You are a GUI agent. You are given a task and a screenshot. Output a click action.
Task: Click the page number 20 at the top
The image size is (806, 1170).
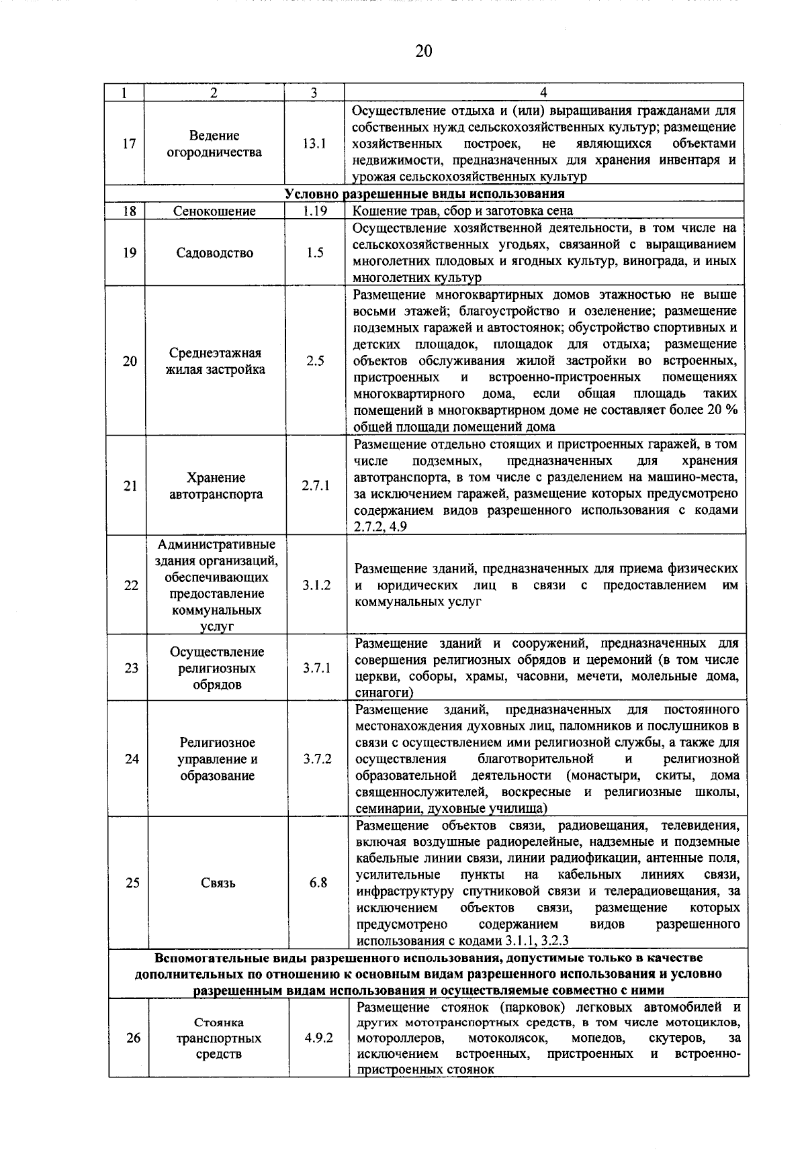[423, 52]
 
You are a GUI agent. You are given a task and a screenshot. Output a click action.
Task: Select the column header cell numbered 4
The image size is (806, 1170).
[543, 93]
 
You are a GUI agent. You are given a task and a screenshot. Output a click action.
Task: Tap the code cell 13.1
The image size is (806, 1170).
[314, 144]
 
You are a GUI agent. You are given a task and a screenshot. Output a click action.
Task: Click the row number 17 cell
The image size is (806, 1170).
[129, 144]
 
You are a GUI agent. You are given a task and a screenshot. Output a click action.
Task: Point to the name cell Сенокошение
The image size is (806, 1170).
[214, 211]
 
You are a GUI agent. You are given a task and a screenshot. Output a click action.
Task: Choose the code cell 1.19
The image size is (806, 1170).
[314, 211]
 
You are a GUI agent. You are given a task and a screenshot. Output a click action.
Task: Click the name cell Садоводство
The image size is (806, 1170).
[215, 253]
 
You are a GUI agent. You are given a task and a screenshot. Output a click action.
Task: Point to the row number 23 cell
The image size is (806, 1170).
[131, 668]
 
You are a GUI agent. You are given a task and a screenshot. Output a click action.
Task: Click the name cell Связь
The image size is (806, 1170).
[218, 883]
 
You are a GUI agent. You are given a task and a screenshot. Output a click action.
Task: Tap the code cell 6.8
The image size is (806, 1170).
[318, 883]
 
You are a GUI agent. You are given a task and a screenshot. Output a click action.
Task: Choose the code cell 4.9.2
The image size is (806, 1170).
[318, 1038]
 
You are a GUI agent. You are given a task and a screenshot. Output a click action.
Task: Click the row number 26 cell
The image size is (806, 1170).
[133, 1038]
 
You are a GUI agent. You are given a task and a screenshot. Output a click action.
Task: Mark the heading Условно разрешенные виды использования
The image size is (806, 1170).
[424, 194]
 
